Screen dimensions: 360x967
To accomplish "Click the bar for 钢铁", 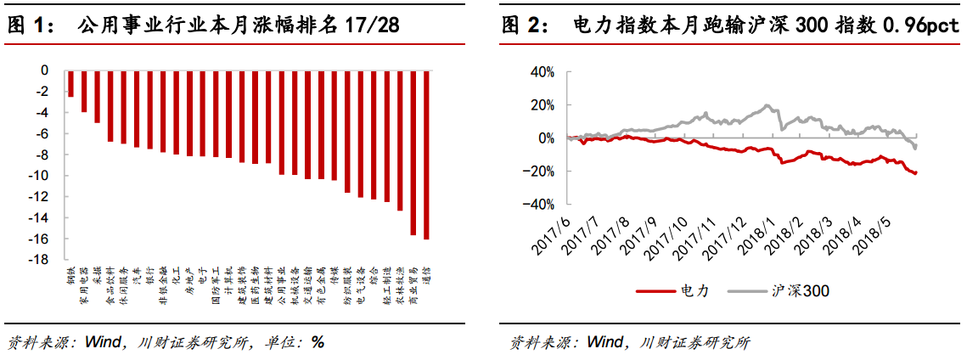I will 70,84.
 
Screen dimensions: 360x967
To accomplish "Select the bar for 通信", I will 426,155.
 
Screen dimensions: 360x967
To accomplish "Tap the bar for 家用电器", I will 84,92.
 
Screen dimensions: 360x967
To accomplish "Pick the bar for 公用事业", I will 281,123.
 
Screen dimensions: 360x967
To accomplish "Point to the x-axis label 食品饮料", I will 109,284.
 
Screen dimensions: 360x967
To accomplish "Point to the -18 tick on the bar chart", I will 39,260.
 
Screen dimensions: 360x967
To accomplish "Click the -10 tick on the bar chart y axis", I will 39,176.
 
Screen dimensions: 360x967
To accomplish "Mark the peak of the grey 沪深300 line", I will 767,105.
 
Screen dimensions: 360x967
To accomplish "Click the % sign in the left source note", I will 318,343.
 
